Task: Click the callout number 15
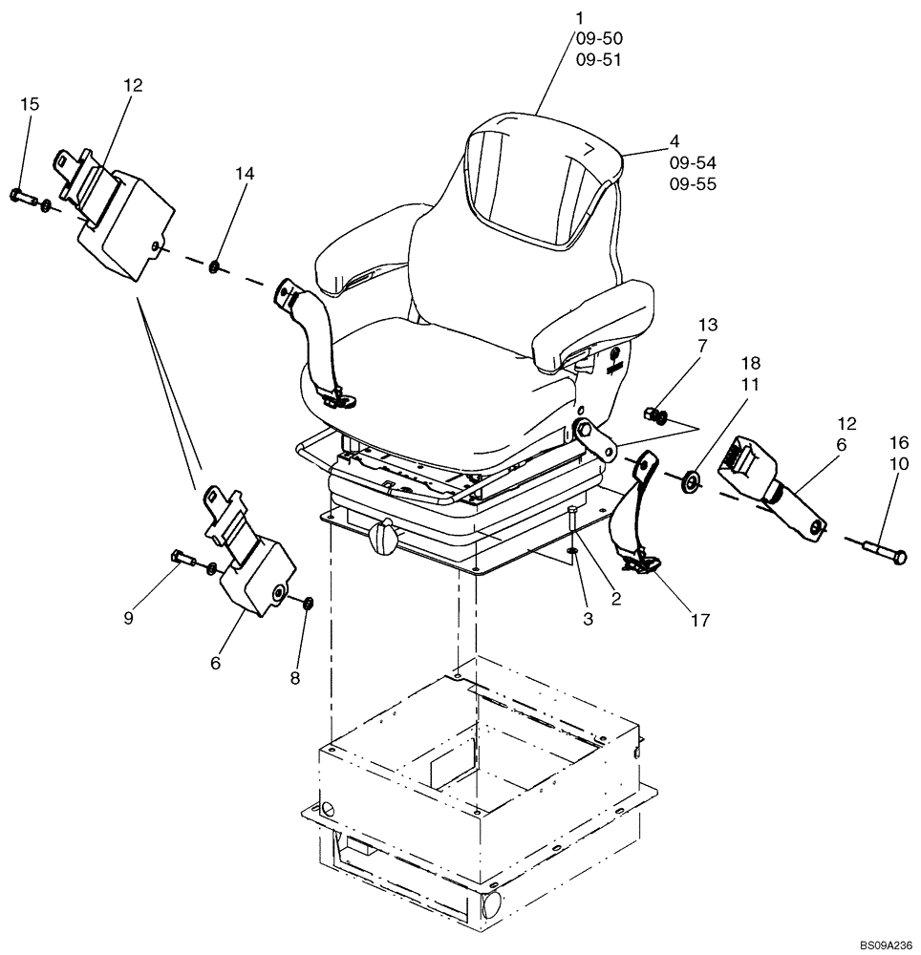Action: coord(31,104)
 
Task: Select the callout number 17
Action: coord(699,621)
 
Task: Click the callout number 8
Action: coord(294,678)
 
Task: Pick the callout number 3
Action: coord(588,619)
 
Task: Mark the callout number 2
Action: coord(616,599)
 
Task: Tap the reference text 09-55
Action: coord(693,184)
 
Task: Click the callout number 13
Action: coord(708,325)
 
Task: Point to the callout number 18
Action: coord(752,364)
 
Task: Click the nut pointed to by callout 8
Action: coord(308,605)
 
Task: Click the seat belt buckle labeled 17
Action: coord(640,565)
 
